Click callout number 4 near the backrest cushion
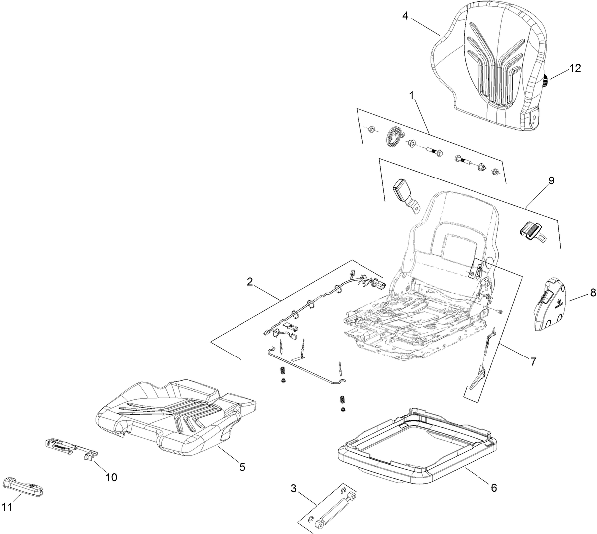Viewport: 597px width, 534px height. [x=405, y=16]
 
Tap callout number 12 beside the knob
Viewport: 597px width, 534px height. [x=575, y=69]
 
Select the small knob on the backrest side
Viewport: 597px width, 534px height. [x=546, y=81]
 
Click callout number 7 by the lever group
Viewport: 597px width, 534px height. [x=533, y=361]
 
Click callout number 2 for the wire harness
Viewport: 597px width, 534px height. [x=250, y=282]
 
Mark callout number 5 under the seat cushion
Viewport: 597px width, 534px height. [x=242, y=467]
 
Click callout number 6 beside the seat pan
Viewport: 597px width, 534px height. [x=494, y=487]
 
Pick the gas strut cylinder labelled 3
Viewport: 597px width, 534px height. [x=332, y=509]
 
